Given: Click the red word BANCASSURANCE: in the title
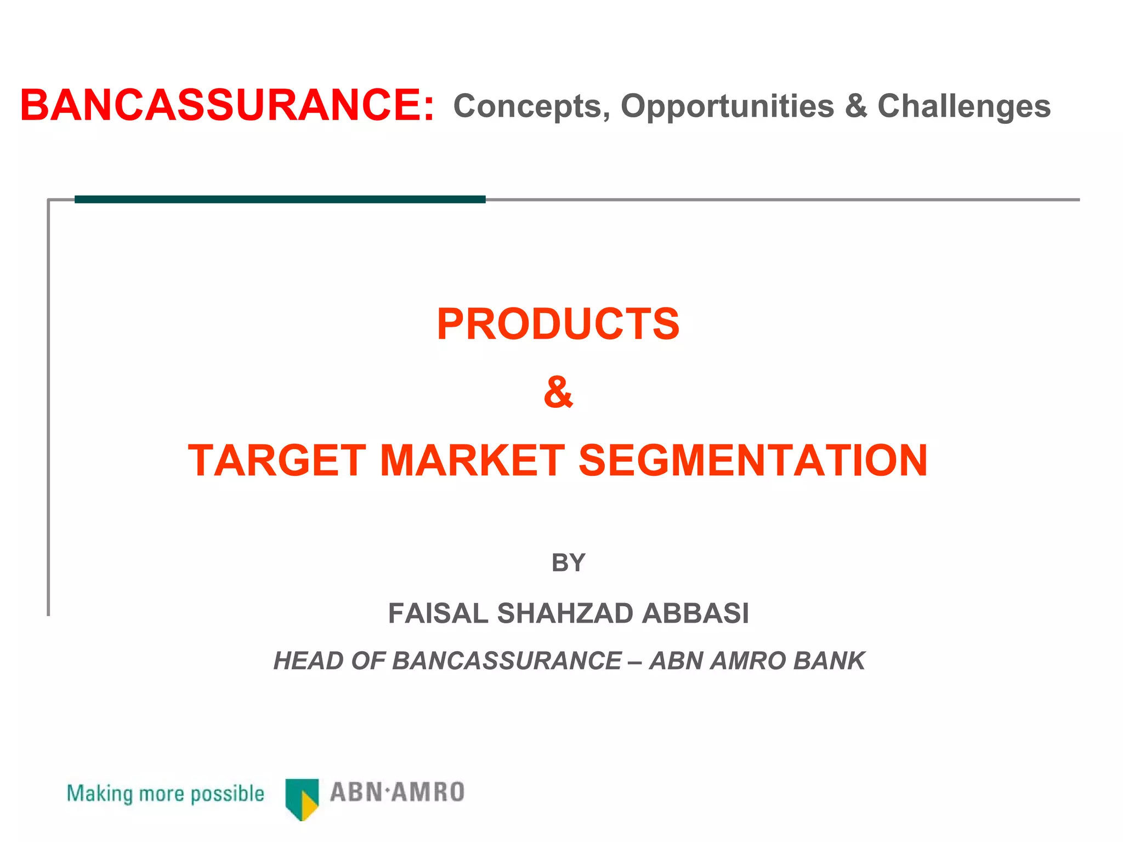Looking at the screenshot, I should [227, 105].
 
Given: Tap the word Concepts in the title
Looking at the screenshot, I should [531, 106].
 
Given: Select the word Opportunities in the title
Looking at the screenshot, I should [727, 106].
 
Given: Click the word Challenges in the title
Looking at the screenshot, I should [964, 106].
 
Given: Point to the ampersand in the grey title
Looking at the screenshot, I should [856, 106].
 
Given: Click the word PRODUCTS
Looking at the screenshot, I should [558, 324].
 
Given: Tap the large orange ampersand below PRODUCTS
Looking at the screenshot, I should [558, 392].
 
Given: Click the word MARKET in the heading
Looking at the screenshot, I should [472, 460].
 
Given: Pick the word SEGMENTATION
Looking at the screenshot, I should [753, 460].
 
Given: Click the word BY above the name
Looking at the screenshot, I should [568, 563].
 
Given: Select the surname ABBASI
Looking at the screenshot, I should [695, 613].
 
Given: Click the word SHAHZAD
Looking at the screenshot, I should [565, 613].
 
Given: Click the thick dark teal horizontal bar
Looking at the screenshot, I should [280, 200].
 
